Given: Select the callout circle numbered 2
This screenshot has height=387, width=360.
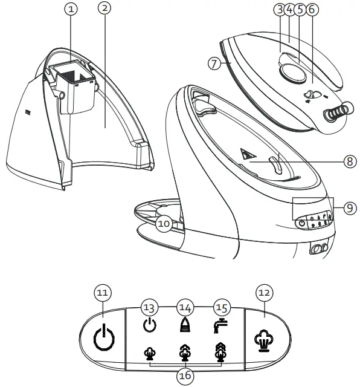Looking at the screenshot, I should click(106, 10).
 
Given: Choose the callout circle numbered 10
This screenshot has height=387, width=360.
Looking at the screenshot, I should click(164, 223).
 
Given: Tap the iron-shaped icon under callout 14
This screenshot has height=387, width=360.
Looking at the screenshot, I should click(184, 325).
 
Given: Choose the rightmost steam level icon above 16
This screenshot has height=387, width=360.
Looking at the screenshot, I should click(222, 353).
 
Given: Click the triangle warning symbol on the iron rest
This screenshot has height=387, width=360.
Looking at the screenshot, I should click(246, 155).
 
